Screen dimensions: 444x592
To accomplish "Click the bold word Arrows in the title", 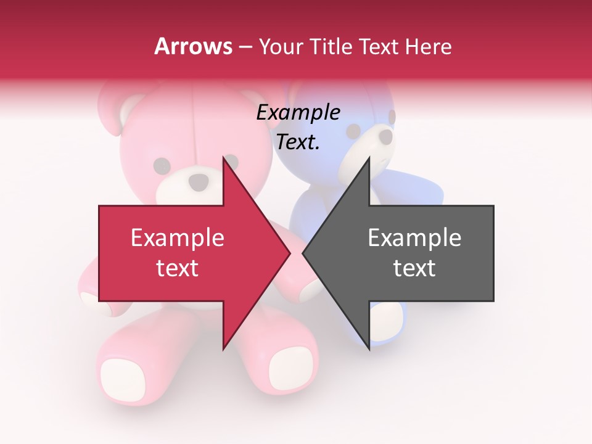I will (194, 46).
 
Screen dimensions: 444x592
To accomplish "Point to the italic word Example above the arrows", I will (298, 113).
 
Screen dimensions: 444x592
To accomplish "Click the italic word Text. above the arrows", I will (298, 142).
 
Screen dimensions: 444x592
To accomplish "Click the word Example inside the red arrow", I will (177, 238).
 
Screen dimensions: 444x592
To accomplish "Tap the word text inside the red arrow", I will (177, 268).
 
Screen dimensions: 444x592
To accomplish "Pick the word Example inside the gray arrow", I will (414, 238).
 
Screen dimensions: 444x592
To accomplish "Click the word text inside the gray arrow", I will (414, 268).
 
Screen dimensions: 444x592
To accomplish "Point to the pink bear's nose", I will (199, 181).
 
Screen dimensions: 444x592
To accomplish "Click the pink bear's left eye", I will (162, 165).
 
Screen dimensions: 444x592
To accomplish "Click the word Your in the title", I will (279, 47).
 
